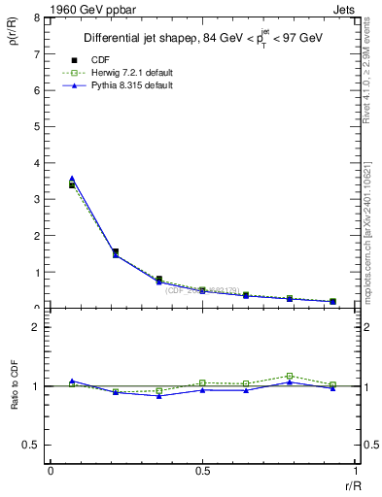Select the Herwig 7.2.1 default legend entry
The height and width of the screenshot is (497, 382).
pos(126,72)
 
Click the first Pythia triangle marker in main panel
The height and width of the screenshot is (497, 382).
pos(72,179)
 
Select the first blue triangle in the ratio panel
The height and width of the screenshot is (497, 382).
pos(72,381)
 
